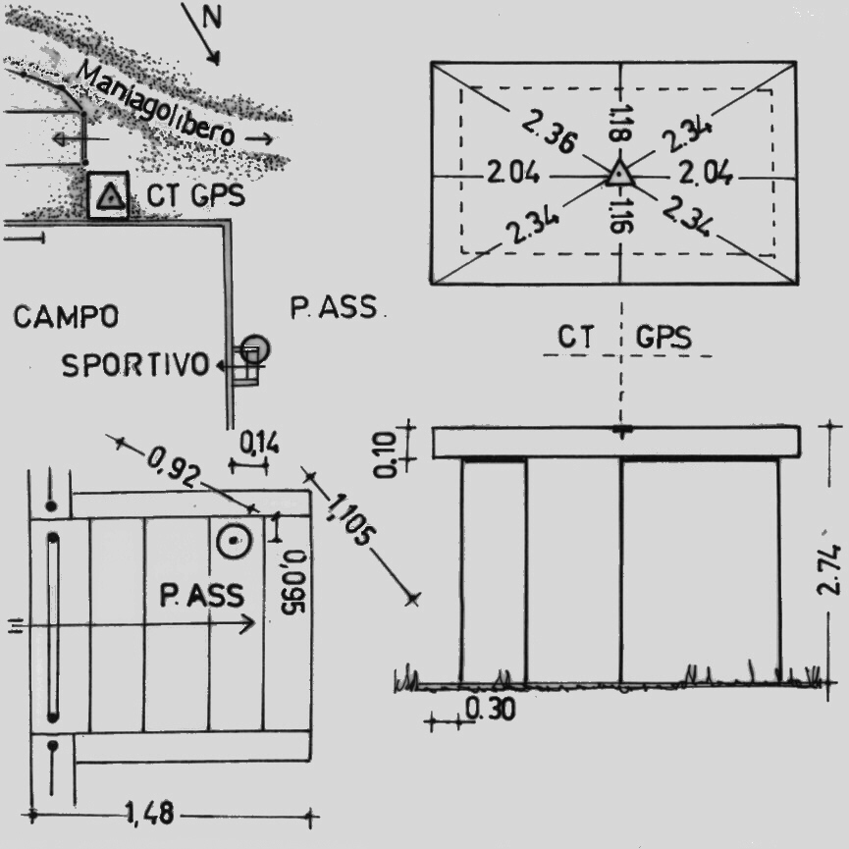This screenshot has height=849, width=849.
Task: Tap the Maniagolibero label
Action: (x=156, y=103)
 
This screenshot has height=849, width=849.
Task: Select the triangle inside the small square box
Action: (x=110, y=198)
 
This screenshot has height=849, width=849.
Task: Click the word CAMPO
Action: (x=67, y=317)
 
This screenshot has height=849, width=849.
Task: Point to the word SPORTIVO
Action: (x=135, y=366)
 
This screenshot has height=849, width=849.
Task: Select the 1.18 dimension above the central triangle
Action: (x=618, y=124)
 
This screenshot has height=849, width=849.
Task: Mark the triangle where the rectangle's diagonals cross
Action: (x=618, y=174)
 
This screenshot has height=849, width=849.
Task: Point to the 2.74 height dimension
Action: (x=833, y=570)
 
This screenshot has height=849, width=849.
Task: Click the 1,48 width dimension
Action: (x=149, y=813)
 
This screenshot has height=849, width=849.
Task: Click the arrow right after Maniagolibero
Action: (x=259, y=139)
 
